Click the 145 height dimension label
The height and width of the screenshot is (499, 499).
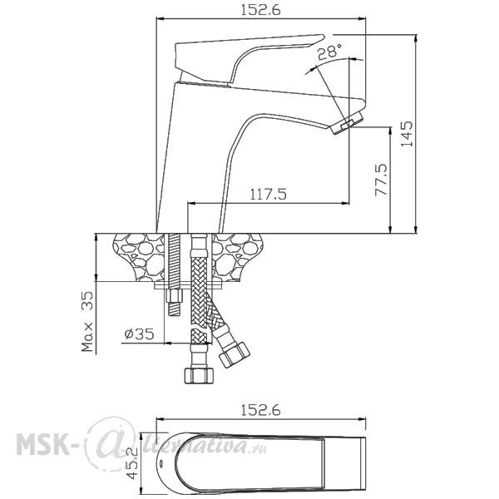tap(407, 134)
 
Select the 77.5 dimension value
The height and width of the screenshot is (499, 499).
tap(381, 180)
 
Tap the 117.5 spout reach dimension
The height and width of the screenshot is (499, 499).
tap(269, 194)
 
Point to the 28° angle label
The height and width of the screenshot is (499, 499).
tap(330, 52)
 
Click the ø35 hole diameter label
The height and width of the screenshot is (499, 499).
tap(140, 333)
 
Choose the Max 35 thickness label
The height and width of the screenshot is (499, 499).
tap(87, 321)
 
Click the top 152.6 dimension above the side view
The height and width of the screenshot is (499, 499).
tap(260, 10)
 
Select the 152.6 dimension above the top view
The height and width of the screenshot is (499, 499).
tap(260, 410)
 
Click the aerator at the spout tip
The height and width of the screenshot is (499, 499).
tap(347, 122)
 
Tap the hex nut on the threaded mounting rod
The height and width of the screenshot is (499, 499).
tap(174, 296)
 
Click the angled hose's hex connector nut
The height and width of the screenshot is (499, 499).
tap(235, 354)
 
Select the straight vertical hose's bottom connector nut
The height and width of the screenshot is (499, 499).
tap(199, 375)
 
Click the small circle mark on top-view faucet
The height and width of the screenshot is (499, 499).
tap(161, 462)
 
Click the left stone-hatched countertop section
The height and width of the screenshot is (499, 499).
tap(140, 257)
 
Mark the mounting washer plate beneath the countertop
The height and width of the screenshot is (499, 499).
tap(188, 285)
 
